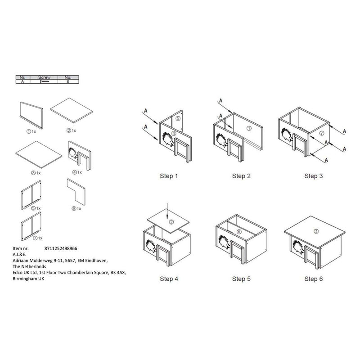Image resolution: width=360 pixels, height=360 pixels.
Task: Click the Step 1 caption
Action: (x=169, y=176)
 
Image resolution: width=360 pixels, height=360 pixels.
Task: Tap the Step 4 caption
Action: (x=169, y=279)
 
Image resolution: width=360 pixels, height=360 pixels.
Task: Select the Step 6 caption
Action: (x=311, y=279)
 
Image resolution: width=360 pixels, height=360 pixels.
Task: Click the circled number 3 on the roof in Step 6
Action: (x=316, y=231)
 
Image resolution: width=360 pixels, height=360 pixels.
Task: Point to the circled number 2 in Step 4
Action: (x=171, y=222)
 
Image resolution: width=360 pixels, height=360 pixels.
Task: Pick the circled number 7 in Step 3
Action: (x=321, y=133)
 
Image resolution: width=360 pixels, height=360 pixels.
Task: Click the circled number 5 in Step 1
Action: (x=178, y=119)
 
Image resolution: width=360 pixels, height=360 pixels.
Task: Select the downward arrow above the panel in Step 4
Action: (x=167, y=209)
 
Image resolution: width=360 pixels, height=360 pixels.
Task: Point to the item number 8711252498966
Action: (x=61, y=248)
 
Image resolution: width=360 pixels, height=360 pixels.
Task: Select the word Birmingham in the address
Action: (x=24, y=279)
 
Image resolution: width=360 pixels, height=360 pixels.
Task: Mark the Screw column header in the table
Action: (x=45, y=77)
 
